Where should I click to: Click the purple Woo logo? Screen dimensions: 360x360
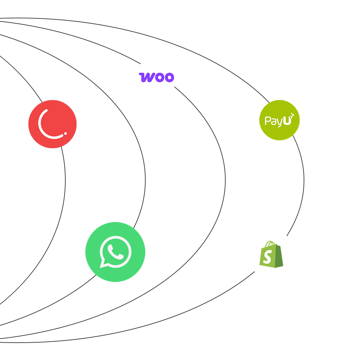[156, 77]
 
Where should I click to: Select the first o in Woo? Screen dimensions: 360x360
[160, 78]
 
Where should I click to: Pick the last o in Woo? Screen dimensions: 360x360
[170, 78]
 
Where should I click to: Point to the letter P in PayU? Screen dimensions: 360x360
[267, 121]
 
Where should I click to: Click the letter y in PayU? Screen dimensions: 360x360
[279, 123]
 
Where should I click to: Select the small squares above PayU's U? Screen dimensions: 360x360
[292, 115]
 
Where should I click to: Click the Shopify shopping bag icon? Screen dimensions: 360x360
[271, 255]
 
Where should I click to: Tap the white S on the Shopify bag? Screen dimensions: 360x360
[267, 257]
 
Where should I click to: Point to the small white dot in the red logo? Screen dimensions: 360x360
[65, 133]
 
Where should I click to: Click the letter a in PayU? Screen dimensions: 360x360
[273, 122]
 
